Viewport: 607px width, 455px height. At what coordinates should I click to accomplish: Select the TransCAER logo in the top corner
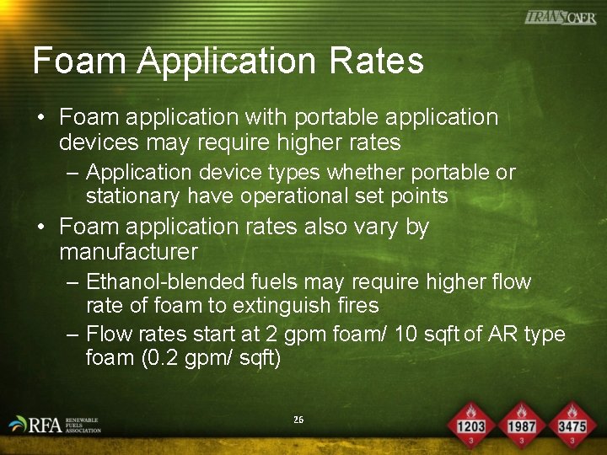[560, 17]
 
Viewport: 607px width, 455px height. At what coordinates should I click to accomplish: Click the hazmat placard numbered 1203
[470, 424]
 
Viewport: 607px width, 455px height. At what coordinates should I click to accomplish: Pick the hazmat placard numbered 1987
[521, 424]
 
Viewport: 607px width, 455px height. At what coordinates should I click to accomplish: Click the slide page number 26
[298, 419]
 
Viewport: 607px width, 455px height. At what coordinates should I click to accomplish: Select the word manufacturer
[128, 252]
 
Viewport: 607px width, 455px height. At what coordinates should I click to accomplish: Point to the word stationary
[132, 196]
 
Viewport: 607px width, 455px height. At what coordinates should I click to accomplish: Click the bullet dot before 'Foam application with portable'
[40, 118]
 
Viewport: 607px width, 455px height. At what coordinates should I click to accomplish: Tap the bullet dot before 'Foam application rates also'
[40, 227]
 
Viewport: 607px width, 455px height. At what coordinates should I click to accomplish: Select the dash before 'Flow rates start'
[73, 335]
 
